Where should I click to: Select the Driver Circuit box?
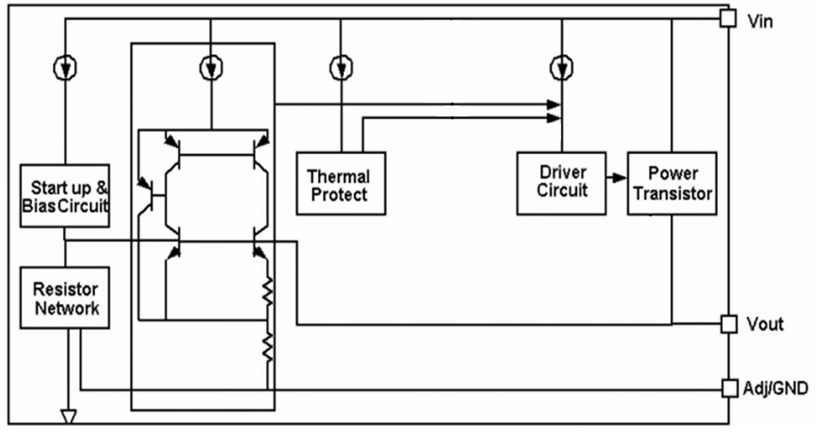561,183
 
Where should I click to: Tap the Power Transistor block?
672,183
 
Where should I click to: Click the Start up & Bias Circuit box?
65,195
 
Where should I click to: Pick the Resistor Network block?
65,298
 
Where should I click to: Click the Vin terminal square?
728,19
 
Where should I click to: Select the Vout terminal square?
728,324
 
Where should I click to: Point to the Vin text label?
760,21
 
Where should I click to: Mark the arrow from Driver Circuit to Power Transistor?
616,178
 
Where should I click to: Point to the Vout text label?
765,324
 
